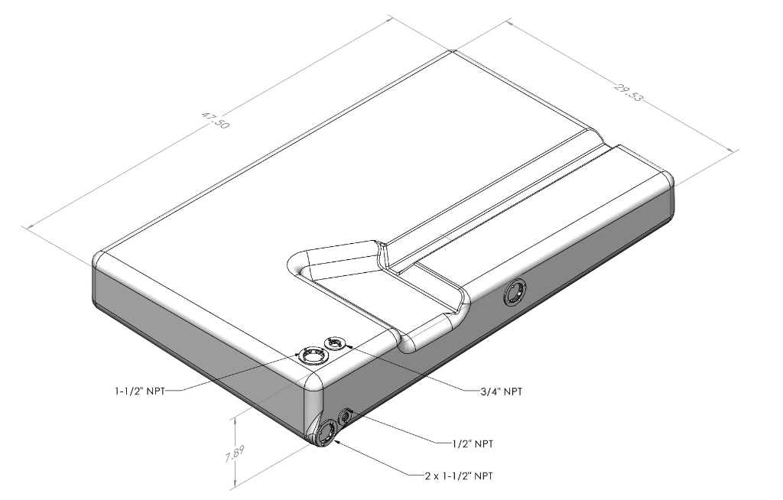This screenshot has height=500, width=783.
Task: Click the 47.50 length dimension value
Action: click(x=215, y=121)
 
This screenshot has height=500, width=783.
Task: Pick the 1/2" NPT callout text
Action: click(x=472, y=443)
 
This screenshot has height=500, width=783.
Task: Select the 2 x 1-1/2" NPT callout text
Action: click(x=458, y=476)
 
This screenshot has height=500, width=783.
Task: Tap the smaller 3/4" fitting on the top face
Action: click(x=335, y=344)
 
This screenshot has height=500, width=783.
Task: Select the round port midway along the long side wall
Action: click(x=515, y=292)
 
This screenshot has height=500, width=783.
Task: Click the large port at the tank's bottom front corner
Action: click(x=325, y=433)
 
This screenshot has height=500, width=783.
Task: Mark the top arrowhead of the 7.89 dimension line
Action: click(x=235, y=417)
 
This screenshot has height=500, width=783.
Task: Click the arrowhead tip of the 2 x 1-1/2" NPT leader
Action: click(x=333, y=441)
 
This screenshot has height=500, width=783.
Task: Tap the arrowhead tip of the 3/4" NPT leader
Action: click(x=345, y=346)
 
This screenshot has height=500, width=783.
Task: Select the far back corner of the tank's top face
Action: click(x=453, y=52)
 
